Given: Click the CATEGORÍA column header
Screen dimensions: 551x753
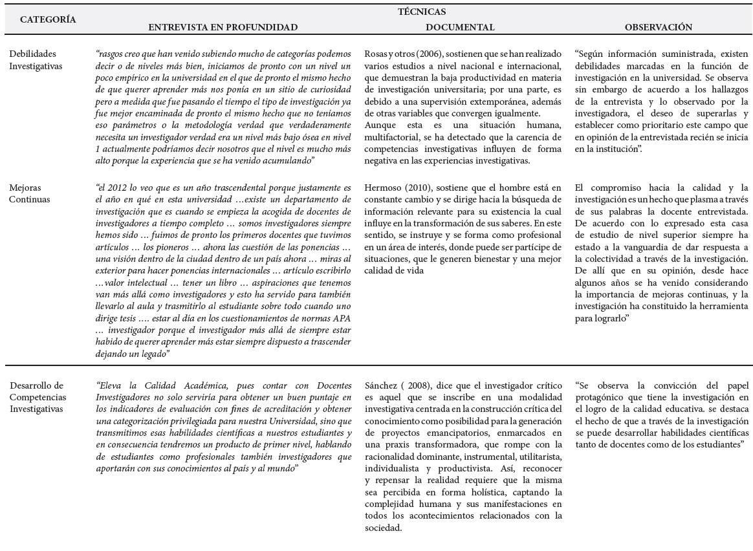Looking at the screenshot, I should click(48, 19).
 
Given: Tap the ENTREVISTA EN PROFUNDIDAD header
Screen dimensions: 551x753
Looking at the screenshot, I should click(223, 27).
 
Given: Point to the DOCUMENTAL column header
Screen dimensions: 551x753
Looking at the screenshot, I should click(460, 27).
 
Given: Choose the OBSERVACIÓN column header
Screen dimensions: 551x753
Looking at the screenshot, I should click(659, 27).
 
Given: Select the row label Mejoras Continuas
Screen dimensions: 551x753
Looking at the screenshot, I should click(29, 193).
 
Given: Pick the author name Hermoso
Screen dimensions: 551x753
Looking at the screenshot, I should click(382, 187).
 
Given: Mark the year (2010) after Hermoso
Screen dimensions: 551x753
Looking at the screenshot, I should click(415, 187).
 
